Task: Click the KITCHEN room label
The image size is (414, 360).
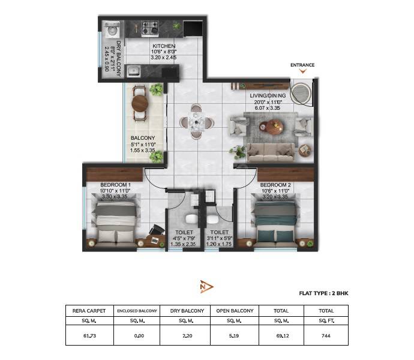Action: (x=163, y=46)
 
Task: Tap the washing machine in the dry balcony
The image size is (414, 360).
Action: (x=111, y=30)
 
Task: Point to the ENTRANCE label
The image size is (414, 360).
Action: (x=302, y=65)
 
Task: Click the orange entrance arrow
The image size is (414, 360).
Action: (x=303, y=72)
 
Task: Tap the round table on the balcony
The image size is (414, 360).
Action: (x=140, y=103)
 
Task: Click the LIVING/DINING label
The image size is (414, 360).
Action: (x=268, y=95)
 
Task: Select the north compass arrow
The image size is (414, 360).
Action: (x=206, y=287)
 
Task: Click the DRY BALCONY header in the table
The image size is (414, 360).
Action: (x=187, y=311)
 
